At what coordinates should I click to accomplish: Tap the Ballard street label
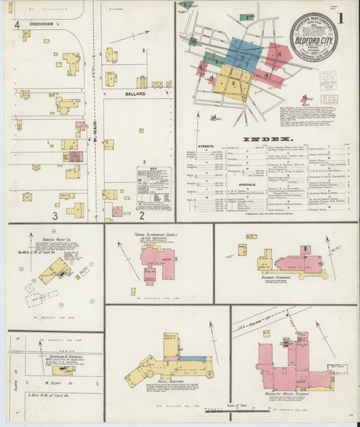(137, 93)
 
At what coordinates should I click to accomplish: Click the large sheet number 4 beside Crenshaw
(16, 25)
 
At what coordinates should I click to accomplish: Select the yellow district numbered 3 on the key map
(233, 83)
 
